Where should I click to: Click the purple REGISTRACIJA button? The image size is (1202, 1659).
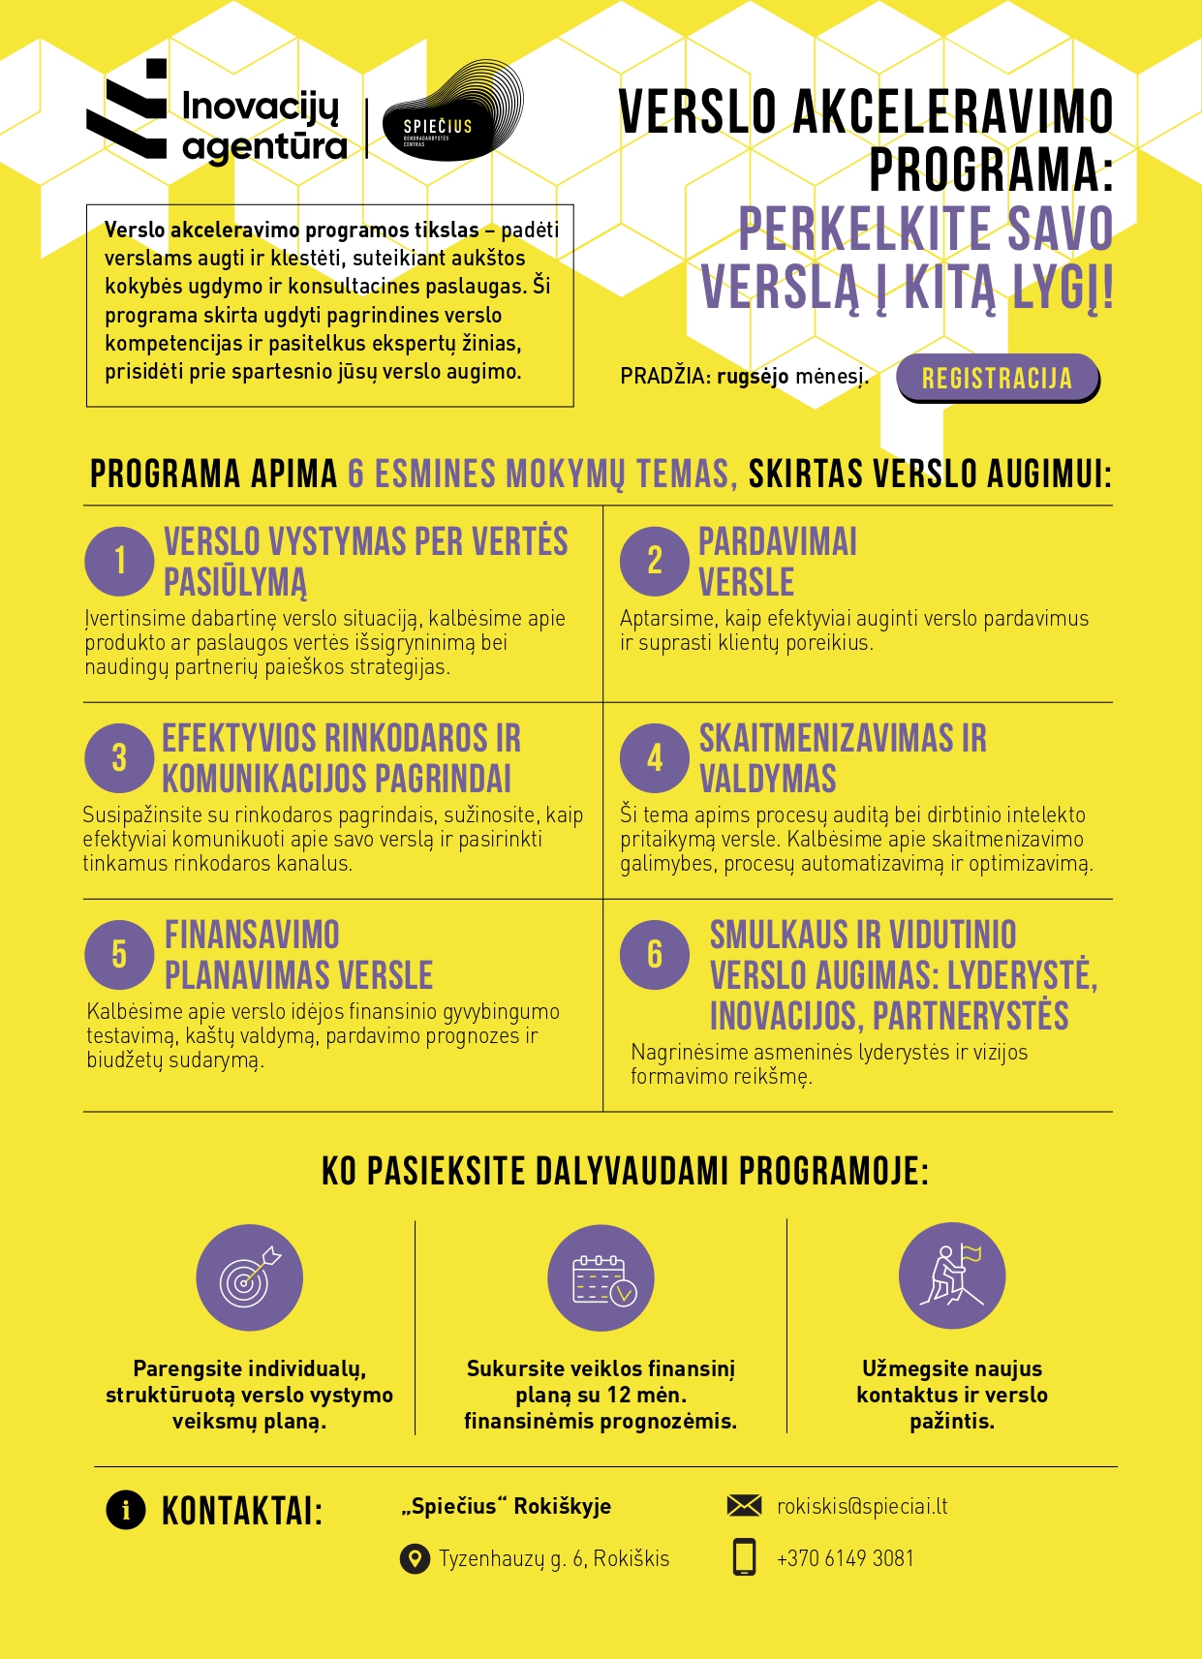pyautogui.click(x=997, y=378)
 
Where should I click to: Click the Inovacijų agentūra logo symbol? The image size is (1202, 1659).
pyautogui.click(x=127, y=109)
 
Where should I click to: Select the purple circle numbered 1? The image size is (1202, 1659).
pyautogui.click(x=119, y=561)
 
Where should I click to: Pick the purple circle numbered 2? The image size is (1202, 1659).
pyautogui.click(x=655, y=561)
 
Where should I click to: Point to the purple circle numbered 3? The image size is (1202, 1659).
pyautogui.click(x=119, y=757)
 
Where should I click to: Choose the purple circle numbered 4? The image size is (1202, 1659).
pyautogui.click(x=655, y=757)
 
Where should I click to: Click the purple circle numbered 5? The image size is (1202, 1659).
pyautogui.click(x=119, y=954)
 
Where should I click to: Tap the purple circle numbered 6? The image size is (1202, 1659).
pyautogui.click(x=655, y=954)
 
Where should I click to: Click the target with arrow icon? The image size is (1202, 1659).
pyautogui.click(x=249, y=1277)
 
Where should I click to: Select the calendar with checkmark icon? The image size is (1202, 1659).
pyautogui.click(x=601, y=1277)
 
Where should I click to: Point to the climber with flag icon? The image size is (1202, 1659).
pyautogui.click(x=952, y=1275)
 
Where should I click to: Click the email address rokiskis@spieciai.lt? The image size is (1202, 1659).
pyautogui.click(x=862, y=1506)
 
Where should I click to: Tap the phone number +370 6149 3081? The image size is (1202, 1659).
pyautogui.click(x=845, y=1558)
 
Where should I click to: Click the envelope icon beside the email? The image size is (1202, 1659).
pyautogui.click(x=744, y=1505)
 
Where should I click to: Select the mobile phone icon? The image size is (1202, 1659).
pyautogui.click(x=744, y=1557)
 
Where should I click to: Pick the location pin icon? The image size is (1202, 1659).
pyautogui.click(x=415, y=1559)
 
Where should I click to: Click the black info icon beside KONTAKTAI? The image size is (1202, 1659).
pyautogui.click(x=126, y=1509)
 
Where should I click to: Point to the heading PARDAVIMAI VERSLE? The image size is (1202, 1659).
pyautogui.click(x=778, y=562)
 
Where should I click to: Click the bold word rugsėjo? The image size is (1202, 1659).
pyautogui.click(x=753, y=376)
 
